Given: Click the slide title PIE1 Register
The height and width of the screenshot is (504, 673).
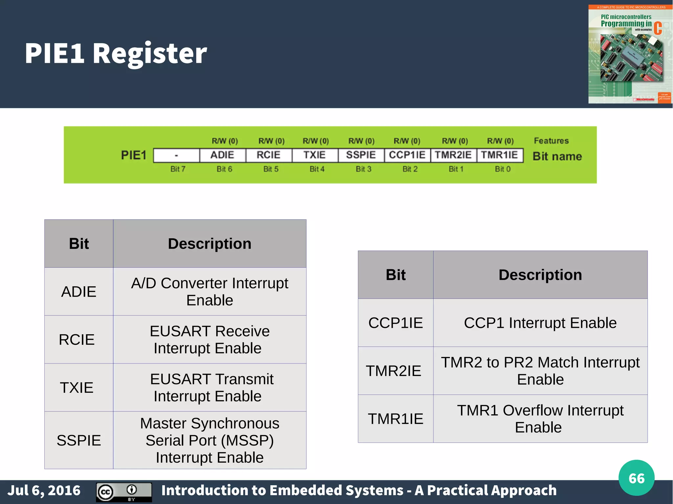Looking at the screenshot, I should coord(116,53).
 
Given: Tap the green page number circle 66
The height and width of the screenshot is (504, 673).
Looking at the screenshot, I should coord(636,478).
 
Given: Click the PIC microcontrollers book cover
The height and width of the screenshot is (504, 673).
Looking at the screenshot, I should coord(630,54).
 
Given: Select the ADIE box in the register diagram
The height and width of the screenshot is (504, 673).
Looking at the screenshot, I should coord(222,155).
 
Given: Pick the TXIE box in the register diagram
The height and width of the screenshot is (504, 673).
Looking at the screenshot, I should coord(314,155).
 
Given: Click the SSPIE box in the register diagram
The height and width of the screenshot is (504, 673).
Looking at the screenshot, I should coord(361,155).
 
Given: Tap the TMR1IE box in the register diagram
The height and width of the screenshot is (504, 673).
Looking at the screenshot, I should coord(499,155).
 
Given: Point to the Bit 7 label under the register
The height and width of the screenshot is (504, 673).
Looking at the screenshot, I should coord(178,169).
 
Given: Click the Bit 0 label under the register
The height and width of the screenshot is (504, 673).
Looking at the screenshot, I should coord(502,169).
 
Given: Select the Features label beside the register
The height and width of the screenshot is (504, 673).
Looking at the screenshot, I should coord(551,141).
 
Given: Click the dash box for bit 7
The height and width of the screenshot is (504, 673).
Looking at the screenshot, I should coord(176,155).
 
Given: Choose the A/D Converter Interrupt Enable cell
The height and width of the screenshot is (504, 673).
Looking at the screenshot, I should coord(210,292).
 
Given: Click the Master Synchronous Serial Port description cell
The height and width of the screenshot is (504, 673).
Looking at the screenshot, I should coord(210,440).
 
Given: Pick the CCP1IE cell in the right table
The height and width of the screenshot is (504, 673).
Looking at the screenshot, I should coord(396,323).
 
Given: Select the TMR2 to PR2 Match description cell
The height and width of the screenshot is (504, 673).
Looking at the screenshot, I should coord(540,371).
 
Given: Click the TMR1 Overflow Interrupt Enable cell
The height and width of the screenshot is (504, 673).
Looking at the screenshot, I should coord(540,419).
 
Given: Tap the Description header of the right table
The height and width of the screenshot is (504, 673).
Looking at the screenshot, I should coord(540,275).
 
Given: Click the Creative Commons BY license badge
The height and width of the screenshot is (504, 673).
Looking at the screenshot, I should coord(124,492).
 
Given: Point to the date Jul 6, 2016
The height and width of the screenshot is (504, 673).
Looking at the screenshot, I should coord(44,491).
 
